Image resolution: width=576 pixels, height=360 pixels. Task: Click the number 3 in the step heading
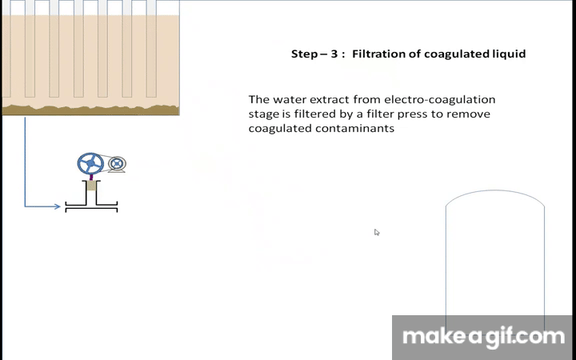[334, 54]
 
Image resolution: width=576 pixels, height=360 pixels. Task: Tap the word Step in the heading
[305, 54]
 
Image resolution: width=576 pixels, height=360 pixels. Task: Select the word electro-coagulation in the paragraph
[440, 100]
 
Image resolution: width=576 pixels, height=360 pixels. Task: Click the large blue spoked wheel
[90, 163]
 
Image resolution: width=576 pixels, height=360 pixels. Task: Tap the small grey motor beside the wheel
[117, 164]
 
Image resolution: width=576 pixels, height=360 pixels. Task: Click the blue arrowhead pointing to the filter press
[57, 206]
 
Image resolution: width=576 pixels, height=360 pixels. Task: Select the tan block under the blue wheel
[91, 186]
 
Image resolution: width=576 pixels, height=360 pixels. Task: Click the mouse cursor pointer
[377, 232]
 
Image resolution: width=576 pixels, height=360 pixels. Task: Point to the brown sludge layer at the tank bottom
[90, 110]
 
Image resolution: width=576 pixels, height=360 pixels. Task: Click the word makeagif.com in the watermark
[483, 338]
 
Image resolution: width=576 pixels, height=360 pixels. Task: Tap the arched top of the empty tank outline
[495, 190]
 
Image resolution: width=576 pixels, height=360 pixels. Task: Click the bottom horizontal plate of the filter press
[91, 210]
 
